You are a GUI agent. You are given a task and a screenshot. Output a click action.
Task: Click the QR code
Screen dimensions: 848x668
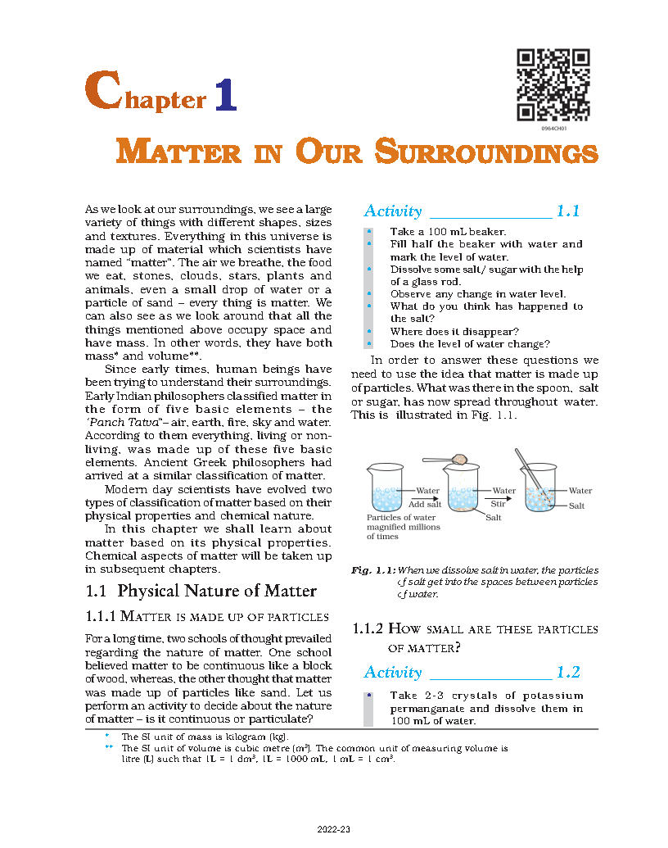554,85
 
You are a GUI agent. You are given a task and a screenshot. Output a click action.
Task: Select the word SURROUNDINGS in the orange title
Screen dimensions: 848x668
486,153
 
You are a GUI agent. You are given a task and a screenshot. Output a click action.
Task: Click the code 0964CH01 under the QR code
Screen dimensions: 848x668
554,129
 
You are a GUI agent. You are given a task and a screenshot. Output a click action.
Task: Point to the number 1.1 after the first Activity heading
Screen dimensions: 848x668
567,211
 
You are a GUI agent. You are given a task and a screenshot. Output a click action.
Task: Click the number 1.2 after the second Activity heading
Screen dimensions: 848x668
567,673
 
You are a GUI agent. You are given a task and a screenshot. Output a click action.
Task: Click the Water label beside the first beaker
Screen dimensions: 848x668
428,491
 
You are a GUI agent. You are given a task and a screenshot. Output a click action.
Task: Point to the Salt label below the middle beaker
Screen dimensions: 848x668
494,518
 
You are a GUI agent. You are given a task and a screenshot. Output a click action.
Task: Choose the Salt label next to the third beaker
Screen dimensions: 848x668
577,506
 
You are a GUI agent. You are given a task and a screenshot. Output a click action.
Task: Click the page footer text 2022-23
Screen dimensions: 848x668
334,830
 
